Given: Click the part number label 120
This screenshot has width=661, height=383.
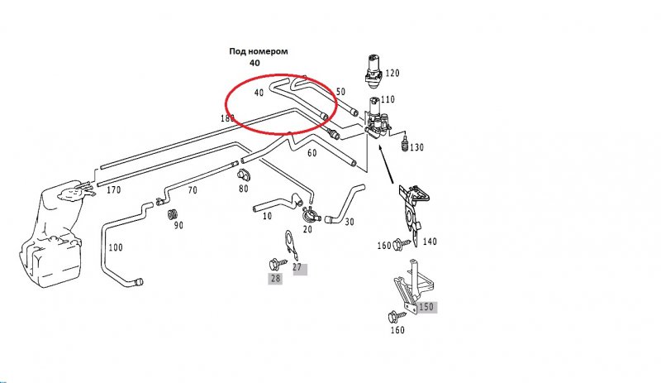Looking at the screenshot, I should pos(392,74).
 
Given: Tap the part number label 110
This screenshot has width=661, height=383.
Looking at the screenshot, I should pos(388,99).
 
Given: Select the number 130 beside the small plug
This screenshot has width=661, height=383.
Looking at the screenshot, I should pos(416,147).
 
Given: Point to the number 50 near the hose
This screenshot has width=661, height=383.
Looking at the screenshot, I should pos(340,90).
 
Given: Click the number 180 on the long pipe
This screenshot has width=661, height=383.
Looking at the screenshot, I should pos(227,118).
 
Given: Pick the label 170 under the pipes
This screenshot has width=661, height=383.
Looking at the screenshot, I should pos(113,190).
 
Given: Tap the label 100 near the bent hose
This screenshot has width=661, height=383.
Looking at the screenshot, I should pos(116,247).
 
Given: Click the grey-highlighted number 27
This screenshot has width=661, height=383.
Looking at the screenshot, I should pos(298,268).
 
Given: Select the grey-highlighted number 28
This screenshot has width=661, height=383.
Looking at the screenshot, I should pos(274,279).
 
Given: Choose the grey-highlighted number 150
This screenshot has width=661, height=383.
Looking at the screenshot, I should pos(426,307).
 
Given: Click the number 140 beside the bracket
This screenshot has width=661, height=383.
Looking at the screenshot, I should pos(430,242).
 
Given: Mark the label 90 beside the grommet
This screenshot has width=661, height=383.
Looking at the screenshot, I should pos(178,226).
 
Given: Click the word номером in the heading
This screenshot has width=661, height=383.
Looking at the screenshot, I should pos(270,51).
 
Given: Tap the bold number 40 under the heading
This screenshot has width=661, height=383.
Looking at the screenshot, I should pos(254,62).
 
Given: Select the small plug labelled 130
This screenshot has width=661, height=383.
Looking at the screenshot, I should pos(403,146).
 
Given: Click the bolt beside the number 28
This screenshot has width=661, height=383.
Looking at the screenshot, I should pos(275,264).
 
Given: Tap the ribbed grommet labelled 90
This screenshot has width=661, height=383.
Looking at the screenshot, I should pos(174,216).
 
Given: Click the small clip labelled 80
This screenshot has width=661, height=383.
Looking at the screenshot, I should pos(244,175).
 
